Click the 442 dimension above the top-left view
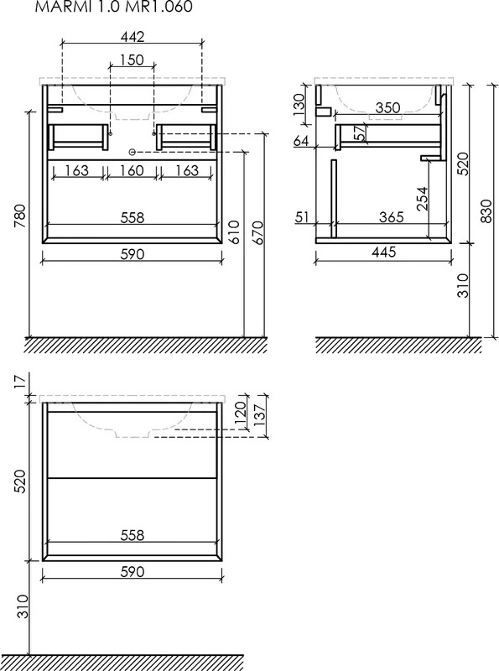click(x=132, y=37)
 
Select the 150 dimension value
click(x=132, y=60)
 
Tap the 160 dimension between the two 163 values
click(x=132, y=170)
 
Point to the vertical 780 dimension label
click(x=21, y=216)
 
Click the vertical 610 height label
click(x=235, y=232)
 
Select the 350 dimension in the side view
click(x=387, y=108)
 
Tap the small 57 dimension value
click(x=361, y=132)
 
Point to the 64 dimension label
click(x=302, y=141)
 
